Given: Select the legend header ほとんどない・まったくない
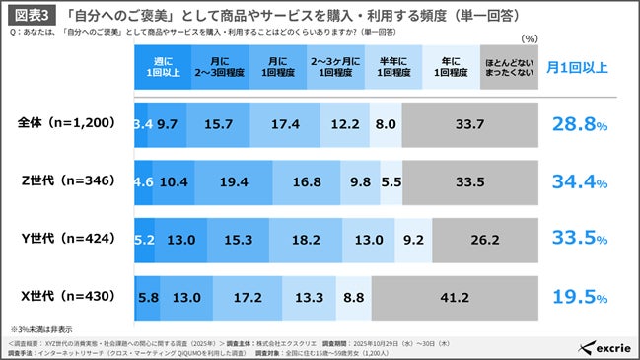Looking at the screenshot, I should pos(507,68).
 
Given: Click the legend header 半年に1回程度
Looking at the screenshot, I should pos(389,68).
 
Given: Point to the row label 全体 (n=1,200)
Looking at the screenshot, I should pos(67,124).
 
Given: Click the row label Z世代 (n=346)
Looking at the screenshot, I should pos(67,180).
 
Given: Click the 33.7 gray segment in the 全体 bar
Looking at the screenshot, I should pos(469,124).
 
